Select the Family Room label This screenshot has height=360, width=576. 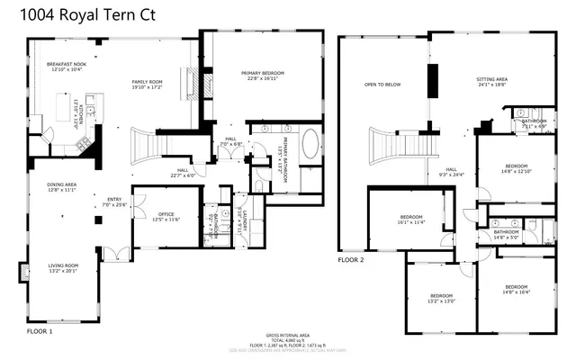pyautogui.click(x=146, y=83)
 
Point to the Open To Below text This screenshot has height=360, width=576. pyautogui.click(x=382, y=85)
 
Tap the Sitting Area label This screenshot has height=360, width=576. pyautogui.click(x=491, y=82)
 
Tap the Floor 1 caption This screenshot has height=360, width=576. pyautogui.click(x=40, y=332)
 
